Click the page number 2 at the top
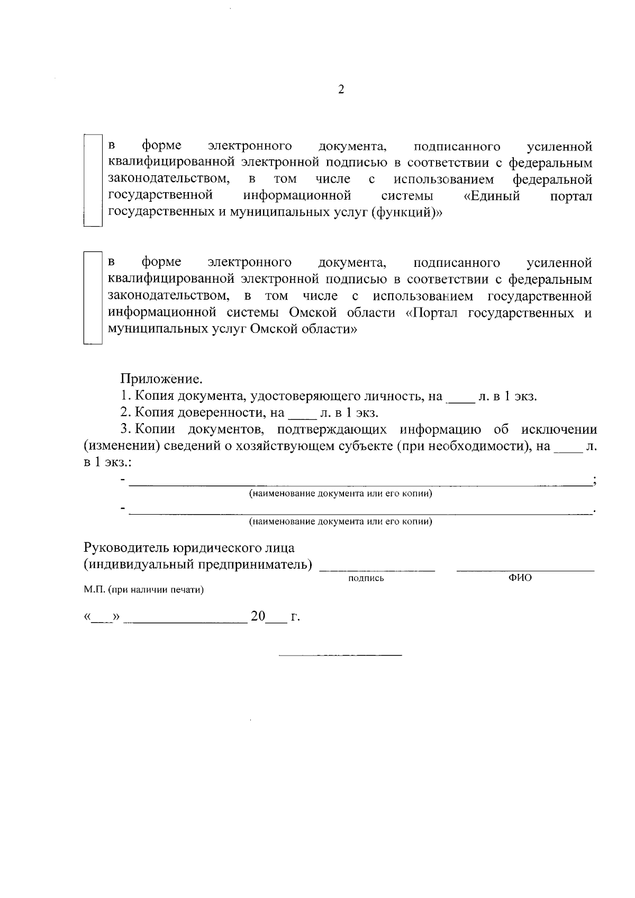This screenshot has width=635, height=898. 341,89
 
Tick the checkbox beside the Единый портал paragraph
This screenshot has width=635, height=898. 93,181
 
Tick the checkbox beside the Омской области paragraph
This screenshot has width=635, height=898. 93,298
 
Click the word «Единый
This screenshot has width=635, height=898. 492,196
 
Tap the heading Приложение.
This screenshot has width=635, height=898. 161,379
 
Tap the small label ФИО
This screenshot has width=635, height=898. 520,578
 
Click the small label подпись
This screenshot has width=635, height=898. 366,579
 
